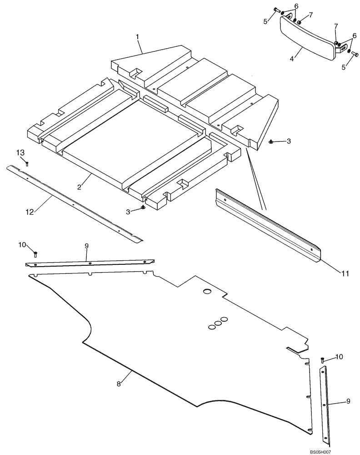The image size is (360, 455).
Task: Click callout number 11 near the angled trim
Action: click(346, 273)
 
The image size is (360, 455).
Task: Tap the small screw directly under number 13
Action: click(27, 163)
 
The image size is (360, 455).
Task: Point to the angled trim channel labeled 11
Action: click(268, 225)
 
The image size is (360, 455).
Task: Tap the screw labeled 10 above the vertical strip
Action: click(322, 360)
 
